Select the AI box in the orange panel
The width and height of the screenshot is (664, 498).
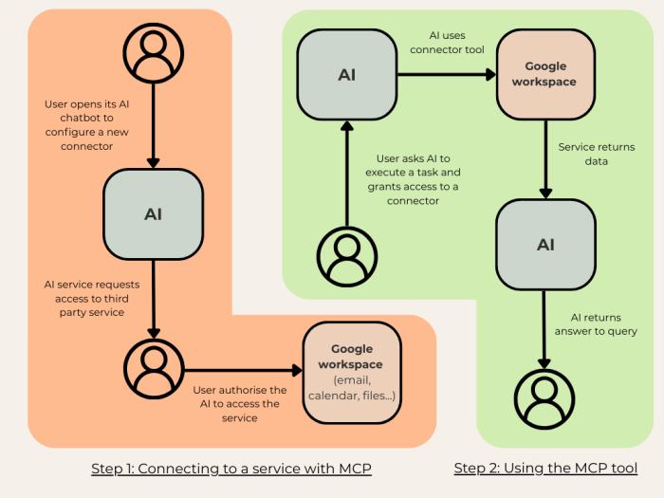[x=153, y=214]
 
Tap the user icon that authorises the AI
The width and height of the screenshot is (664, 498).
[x=153, y=369]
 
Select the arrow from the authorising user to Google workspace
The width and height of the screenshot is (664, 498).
[x=242, y=370]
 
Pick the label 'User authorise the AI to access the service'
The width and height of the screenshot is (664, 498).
[x=239, y=403]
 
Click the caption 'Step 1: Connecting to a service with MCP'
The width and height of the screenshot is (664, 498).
[x=231, y=468]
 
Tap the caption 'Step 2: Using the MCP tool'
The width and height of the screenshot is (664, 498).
[x=545, y=468]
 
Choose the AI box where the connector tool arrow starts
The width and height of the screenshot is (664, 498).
[x=347, y=75]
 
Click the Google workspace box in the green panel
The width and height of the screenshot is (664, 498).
[x=545, y=74]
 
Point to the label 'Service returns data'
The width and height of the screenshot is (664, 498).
[x=596, y=155]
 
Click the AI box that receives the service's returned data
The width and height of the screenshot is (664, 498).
[x=545, y=245]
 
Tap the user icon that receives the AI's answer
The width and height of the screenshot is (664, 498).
[x=545, y=399]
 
